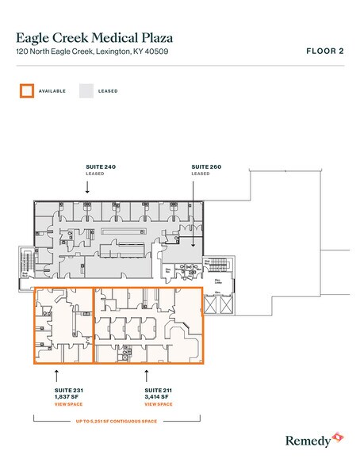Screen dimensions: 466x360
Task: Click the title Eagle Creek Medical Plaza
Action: pyautogui.click(x=94, y=37)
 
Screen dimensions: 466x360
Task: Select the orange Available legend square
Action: pyautogui.click(x=25, y=91)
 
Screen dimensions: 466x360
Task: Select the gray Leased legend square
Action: pyautogui.click(x=86, y=91)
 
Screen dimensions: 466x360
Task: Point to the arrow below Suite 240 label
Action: pyautogui.click(x=88, y=185)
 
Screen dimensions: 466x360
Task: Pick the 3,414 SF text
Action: pyautogui.click(x=158, y=398)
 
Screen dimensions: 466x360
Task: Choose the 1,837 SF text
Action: pyautogui.click(x=68, y=398)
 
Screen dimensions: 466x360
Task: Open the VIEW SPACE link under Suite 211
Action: pyautogui.click(x=159, y=405)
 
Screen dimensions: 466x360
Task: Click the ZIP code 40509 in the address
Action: pyautogui.click(x=157, y=52)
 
